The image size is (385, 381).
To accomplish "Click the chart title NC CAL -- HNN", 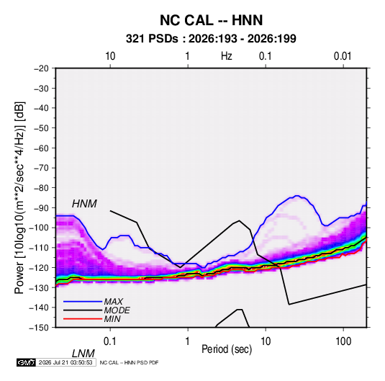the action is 211,20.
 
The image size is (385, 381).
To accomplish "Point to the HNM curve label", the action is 84,204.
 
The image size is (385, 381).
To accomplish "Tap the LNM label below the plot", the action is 83,354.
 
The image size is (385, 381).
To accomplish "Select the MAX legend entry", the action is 113,301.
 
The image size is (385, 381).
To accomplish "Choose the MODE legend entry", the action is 117,310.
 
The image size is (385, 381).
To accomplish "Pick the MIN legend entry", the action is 112,319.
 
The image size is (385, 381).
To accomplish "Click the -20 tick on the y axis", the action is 41,68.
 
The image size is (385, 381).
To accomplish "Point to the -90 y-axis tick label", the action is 41,207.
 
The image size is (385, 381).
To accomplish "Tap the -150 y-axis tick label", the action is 39,328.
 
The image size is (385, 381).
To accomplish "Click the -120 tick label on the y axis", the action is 39,267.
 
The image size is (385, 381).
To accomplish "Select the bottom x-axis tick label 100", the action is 343,341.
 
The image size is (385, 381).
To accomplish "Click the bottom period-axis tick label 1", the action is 187,341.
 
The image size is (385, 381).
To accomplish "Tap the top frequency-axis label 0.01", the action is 343,56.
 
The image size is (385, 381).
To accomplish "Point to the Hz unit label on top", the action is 227,56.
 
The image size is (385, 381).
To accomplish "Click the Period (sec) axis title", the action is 227,349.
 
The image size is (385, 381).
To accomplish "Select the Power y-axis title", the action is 20,198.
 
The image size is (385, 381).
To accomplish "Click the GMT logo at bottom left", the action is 26,362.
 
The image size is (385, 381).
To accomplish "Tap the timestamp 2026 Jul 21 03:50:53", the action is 65,362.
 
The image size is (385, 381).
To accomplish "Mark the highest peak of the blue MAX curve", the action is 297,196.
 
